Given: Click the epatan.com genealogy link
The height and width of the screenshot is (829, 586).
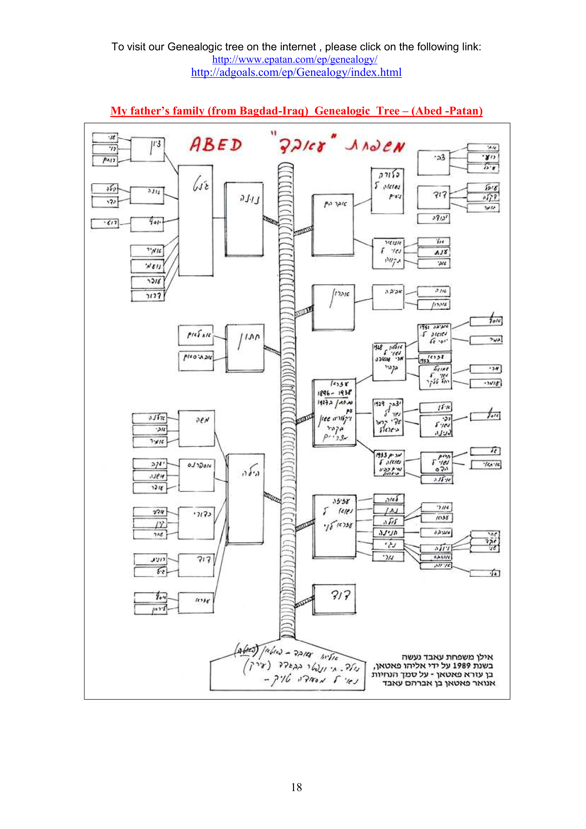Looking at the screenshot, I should click(294, 60).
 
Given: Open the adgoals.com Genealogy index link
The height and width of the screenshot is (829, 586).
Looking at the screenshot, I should click(296, 73).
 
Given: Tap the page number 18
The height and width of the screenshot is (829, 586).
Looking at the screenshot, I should click(296, 787).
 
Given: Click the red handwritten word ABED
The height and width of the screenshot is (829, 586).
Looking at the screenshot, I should click(216, 145).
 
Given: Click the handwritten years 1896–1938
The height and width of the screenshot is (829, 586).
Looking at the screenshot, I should click(334, 393).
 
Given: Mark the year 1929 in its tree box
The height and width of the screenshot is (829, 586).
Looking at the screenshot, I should click(379, 404).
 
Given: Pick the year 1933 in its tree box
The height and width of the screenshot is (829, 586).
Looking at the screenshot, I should click(381, 455).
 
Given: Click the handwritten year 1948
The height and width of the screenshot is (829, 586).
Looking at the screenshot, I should click(378, 347).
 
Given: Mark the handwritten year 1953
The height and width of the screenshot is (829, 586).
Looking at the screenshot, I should click(424, 360).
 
